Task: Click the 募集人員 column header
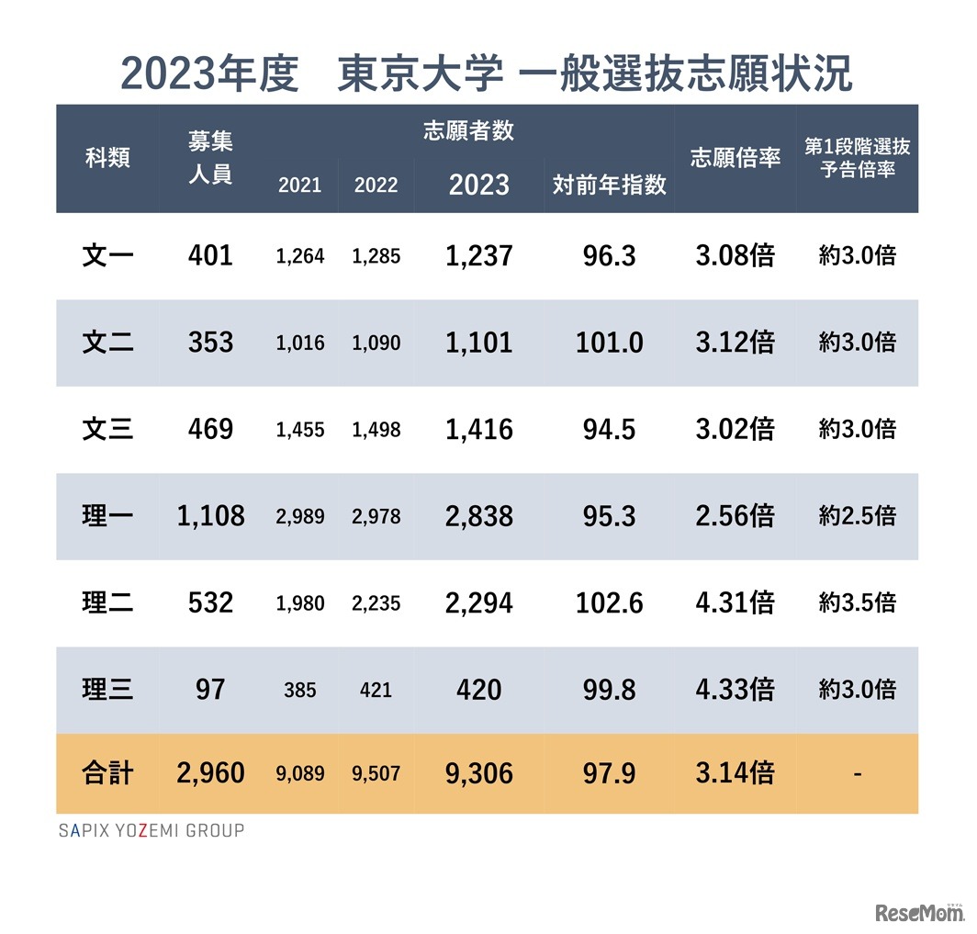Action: (x=210, y=158)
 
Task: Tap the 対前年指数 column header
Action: (x=609, y=185)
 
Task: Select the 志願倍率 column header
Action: (x=735, y=158)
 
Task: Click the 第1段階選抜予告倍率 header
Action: (x=857, y=158)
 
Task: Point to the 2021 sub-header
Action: (x=299, y=186)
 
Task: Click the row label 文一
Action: (x=107, y=255)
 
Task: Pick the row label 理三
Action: (x=107, y=689)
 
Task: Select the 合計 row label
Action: (x=107, y=773)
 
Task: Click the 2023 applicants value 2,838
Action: (x=478, y=516)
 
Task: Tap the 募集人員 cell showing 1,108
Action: (x=210, y=516)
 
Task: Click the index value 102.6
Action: (x=609, y=602)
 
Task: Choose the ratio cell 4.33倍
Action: (x=735, y=689)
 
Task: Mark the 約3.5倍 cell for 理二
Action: (x=857, y=602)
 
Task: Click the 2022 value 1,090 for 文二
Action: (x=376, y=343)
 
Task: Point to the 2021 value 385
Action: (x=299, y=690)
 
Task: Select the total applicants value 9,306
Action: (x=478, y=773)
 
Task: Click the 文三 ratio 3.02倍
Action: (x=735, y=429)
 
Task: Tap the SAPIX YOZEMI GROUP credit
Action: (x=152, y=831)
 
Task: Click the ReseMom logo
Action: (x=919, y=912)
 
